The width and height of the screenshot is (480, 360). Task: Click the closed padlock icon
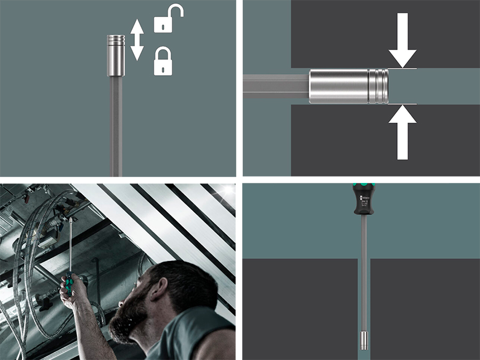click(163, 61)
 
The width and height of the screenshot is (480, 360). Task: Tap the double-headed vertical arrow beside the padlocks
click(137, 40)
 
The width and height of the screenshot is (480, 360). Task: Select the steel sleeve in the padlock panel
click(116, 56)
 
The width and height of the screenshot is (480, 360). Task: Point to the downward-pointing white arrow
click(402, 41)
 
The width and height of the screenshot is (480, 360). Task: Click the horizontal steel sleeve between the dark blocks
click(341, 86)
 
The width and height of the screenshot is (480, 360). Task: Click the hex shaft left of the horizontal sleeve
click(275, 86)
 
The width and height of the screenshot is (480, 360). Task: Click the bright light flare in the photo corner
click(229, 189)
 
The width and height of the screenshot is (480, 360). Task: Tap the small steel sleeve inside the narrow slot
click(364, 339)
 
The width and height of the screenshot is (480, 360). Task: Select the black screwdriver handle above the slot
click(364, 200)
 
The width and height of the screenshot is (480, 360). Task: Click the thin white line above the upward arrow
click(402, 104)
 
